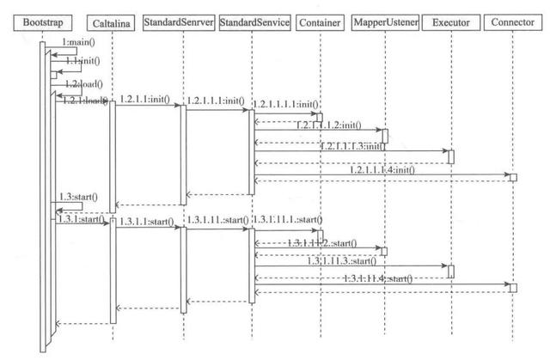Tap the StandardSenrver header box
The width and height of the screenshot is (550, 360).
pos(178,19)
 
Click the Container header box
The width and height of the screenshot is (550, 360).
pos(317,20)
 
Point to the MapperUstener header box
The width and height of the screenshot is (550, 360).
pos(383,20)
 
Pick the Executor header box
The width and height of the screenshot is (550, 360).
pos(450,20)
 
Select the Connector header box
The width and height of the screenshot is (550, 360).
pos(512,19)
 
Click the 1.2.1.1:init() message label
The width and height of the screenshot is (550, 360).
pos(147,99)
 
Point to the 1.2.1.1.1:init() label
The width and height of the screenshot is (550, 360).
pos(217,101)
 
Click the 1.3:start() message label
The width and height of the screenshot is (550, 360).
pos(78,197)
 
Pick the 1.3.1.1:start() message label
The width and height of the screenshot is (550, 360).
pos(147,221)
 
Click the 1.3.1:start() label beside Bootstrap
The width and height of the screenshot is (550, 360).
pos(79,218)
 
